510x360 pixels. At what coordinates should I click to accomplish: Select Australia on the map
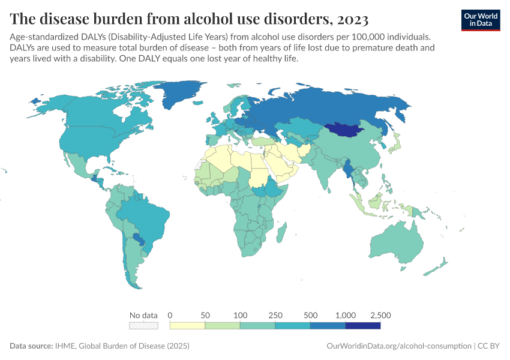click(397, 246)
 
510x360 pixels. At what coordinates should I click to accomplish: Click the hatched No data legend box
click(143, 325)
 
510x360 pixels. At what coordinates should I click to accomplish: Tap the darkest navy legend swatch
click(363, 325)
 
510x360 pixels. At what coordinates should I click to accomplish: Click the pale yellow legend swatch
click(187, 325)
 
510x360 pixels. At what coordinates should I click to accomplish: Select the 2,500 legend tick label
click(380, 315)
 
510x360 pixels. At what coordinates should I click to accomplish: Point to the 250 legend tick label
click(275, 315)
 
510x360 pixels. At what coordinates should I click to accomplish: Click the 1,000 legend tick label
click(345, 315)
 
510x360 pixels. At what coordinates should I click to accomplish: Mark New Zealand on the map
click(442, 264)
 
